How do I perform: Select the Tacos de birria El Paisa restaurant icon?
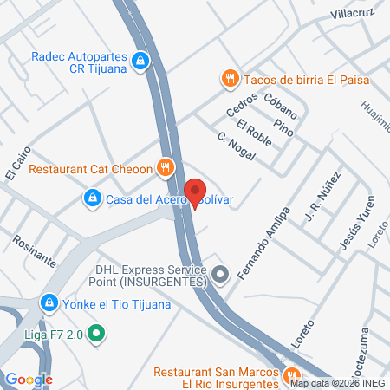click(x=230, y=80)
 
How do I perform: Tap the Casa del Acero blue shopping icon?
click(x=92, y=199)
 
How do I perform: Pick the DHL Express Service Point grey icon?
click(x=221, y=276)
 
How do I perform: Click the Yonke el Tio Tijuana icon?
click(x=49, y=304)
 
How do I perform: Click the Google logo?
click(x=29, y=379)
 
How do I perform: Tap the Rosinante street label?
click(x=36, y=249)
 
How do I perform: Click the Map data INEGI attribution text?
click(x=339, y=382)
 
